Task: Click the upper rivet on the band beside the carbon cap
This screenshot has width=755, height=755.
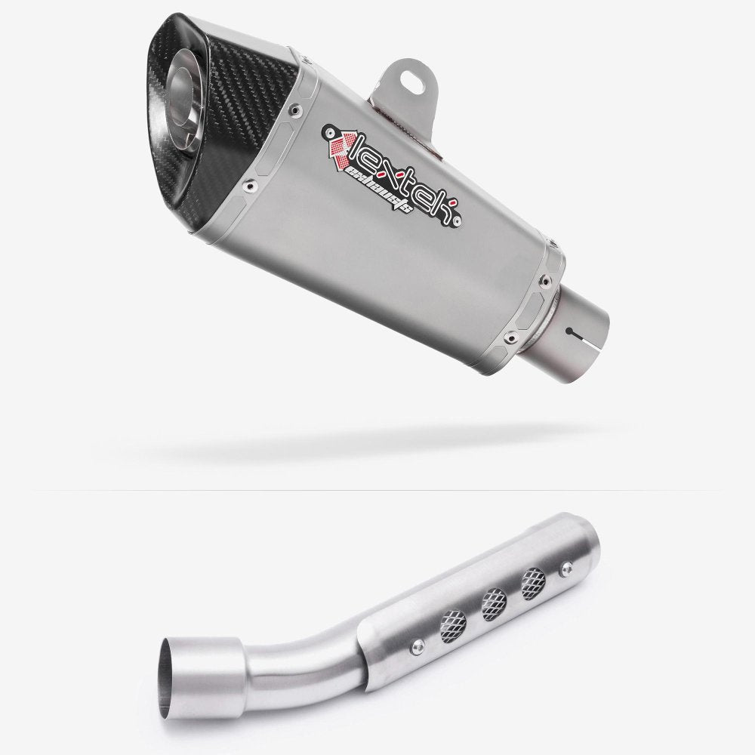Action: (x=291, y=110)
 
